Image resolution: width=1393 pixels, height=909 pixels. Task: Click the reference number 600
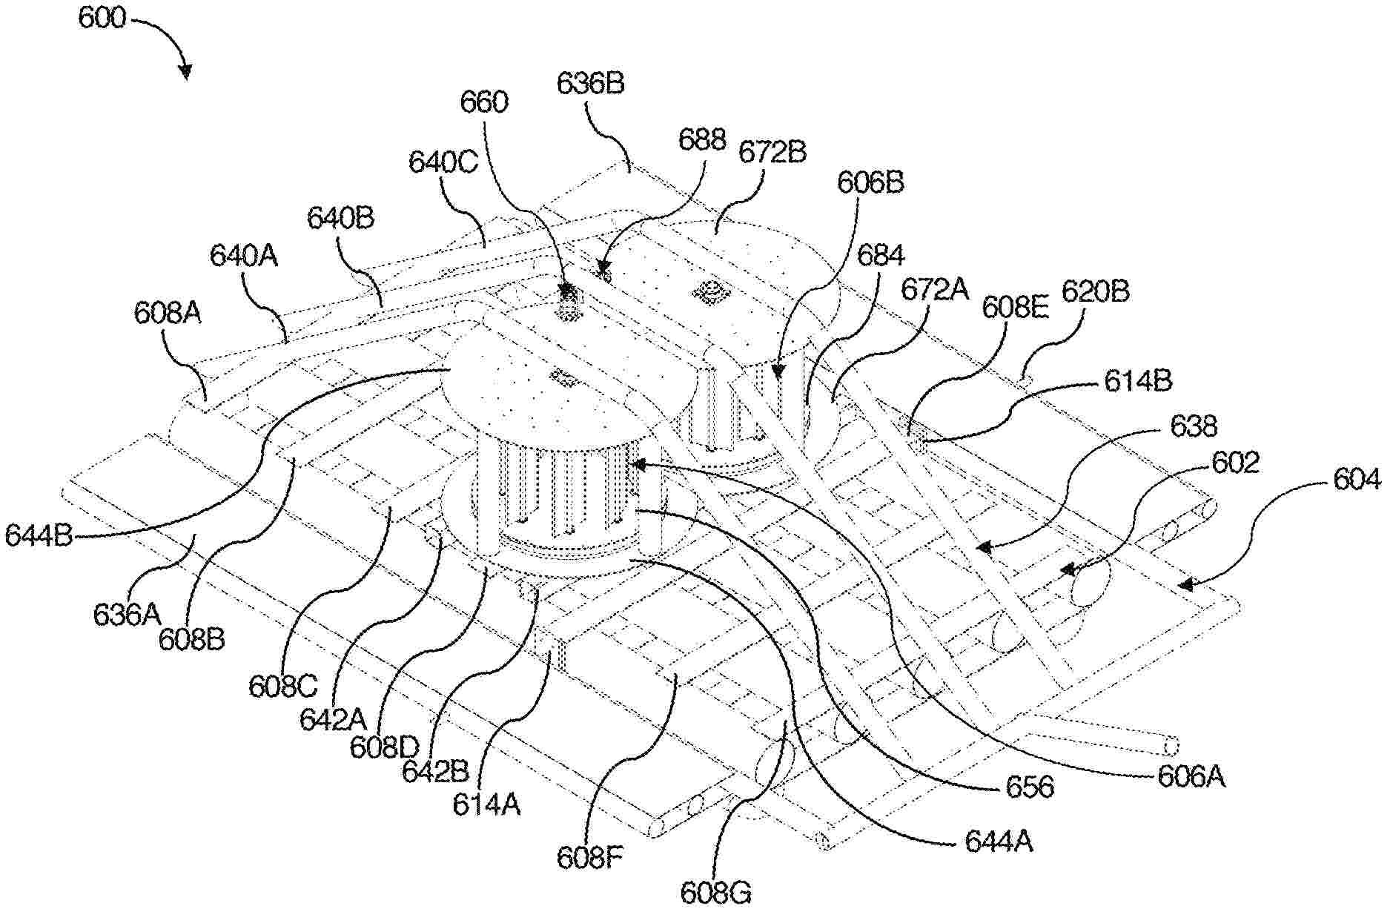tap(102, 19)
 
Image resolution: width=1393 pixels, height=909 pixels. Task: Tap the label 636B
tap(591, 84)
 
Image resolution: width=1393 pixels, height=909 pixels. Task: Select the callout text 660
tap(484, 102)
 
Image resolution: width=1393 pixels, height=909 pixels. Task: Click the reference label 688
tap(702, 139)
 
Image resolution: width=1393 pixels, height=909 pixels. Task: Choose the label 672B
tap(772, 152)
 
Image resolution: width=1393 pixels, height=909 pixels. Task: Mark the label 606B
tap(870, 182)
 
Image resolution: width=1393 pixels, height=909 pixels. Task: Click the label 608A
tap(168, 314)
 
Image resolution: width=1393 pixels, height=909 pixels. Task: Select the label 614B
tap(1138, 381)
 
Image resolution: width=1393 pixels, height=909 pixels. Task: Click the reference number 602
tap(1236, 463)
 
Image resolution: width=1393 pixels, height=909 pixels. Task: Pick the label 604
tap(1357, 480)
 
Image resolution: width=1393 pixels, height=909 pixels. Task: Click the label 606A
tap(1191, 776)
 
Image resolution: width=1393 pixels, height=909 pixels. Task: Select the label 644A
tap(999, 842)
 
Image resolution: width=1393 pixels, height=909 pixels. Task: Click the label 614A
tap(486, 804)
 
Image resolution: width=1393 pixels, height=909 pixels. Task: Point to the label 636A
tap(127, 614)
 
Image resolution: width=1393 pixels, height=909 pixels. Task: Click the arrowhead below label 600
tap(185, 72)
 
